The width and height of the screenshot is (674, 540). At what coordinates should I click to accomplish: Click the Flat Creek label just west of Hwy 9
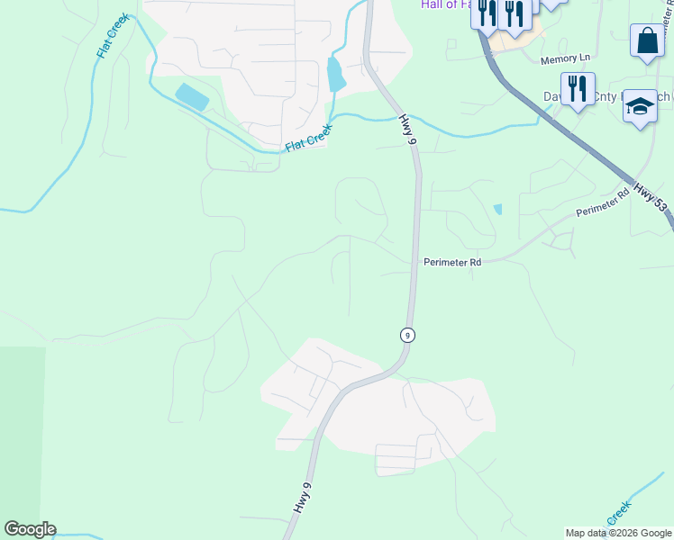[x=309, y=138]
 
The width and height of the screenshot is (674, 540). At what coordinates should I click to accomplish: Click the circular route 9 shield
[x=408, y=335]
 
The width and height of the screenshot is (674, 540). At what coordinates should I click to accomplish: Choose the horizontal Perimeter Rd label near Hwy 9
[x=452, y=262]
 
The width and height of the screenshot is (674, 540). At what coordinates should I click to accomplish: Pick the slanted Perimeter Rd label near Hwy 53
[x=602, y=203]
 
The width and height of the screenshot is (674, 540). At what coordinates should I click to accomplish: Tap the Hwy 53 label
[x=650, y=198]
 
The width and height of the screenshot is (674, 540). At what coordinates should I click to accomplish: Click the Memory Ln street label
[x=565, y=59]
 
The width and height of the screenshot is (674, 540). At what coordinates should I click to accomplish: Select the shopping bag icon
[x=647, y=40]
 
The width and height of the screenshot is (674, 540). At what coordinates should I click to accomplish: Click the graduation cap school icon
[x=640, y=105]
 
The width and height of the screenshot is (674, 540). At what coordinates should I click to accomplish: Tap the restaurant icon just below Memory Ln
[x=578, y=88]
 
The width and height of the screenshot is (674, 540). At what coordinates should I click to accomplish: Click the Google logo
[x=30, y=529]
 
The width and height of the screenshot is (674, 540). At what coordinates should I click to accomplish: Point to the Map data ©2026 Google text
[x=618, y=533]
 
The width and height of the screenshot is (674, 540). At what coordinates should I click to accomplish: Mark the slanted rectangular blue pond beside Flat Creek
[x=192, y=96]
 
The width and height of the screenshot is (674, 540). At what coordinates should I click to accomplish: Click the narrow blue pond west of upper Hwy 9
[x=336, y=74]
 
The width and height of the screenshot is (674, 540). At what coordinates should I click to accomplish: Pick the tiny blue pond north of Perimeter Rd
[x=497, y=210]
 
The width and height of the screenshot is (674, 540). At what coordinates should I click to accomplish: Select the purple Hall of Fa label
[x=445, y=4]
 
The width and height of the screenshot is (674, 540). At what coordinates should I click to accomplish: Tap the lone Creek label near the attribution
[x=617, y=515]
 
